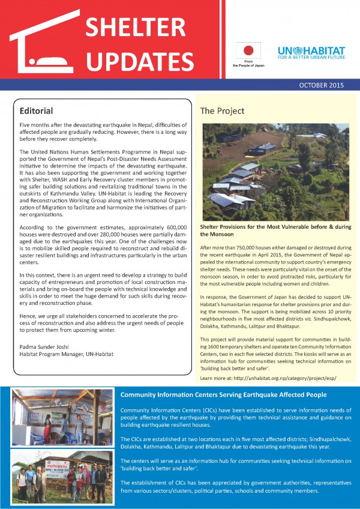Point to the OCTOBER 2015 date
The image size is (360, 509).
click(x=320, y=85)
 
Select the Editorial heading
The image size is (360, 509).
click(x=37, y=111)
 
